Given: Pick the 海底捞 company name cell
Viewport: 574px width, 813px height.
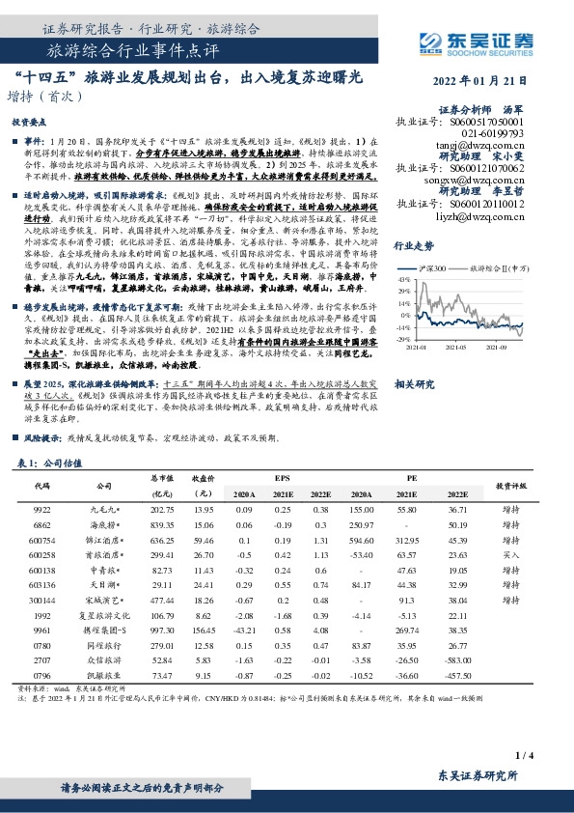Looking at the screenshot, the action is point(105,524).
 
